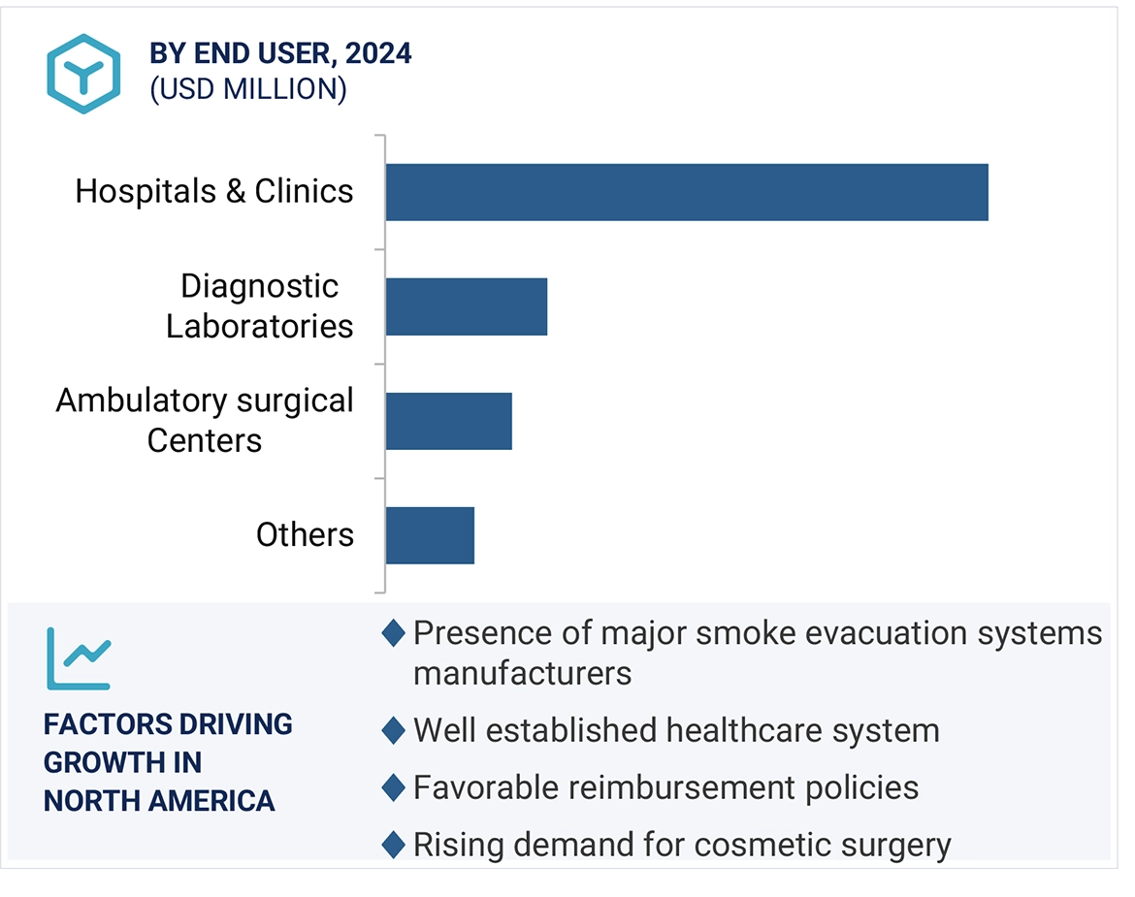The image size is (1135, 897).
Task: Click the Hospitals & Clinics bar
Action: coord(687,192)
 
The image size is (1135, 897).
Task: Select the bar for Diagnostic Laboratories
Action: coord(467,306)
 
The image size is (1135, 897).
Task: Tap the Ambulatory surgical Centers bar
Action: coord(448,421)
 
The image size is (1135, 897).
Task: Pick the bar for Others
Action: coord(430,535)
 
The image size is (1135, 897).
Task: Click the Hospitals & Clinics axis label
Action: coord(214,191)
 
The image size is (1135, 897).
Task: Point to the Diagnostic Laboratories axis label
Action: coord(259,305)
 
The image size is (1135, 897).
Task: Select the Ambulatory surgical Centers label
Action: coord(205,420)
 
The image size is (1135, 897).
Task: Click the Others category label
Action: coord(305,534)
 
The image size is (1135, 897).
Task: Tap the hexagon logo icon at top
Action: coord(83,74)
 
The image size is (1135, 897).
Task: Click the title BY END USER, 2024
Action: coord(280,53)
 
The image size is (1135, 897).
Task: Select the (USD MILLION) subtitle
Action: coord(247,89)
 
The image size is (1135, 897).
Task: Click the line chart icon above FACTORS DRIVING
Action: coord(80,657)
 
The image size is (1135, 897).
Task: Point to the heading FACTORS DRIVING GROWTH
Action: coord(168,762)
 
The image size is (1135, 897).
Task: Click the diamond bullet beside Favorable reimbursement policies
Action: coord(393,787)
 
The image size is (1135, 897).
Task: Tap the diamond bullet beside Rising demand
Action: coord(393,845)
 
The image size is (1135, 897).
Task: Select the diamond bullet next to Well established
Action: coord(393,730)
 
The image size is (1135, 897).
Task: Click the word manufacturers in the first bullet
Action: coord(522,672)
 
